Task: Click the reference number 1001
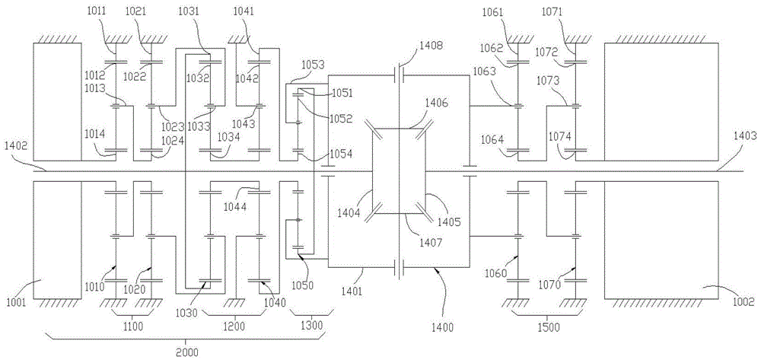(16, 302)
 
